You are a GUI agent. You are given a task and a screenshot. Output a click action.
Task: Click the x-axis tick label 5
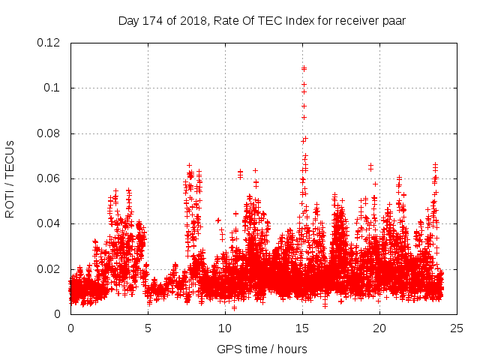(x=148, y=328)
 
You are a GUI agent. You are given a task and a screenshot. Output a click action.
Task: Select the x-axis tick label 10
(x=225, y=328)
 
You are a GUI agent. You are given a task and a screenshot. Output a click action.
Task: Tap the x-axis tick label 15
(x=302, y=328)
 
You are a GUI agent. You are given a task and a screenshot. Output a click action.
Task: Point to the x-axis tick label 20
(x=379, y=328)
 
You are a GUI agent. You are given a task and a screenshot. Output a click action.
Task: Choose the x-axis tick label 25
(x=457, y=328)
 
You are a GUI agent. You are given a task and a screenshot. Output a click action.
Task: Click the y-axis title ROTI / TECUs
(x=10, y=178)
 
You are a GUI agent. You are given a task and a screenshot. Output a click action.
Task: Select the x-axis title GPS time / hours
(x=262, y=349)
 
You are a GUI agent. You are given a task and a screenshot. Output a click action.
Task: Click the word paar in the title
(x=394, y=20)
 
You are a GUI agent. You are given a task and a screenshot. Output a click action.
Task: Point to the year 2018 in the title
(x=190, y=20)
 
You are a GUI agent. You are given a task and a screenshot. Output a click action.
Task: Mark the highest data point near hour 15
(x=304, y=68)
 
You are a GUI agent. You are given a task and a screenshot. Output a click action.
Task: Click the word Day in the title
(x=128, y=20)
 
